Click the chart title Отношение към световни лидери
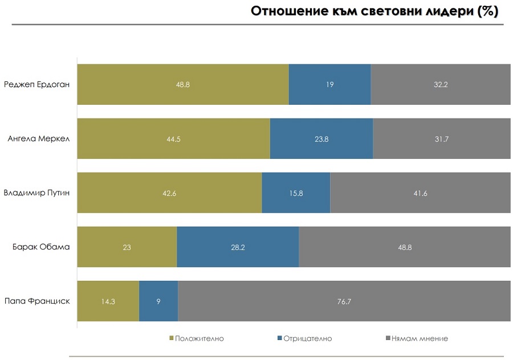[x=374, y=12]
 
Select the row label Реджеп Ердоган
[x=36, y=84]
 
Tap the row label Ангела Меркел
[x=39, y=138]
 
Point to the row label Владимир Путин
[x=36, y=193]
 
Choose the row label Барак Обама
[x=41, y=247]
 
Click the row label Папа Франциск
[x=37, y=301]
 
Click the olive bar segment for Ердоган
[x=182, y=84]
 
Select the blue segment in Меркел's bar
[x=321, y=138]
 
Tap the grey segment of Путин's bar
[x=420, y=193]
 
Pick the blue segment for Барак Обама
[x=238, y=247]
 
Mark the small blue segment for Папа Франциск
[x=158, y=301]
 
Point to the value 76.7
[x=344, y=301]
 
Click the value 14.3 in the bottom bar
[x=108, y=301]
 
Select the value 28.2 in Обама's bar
[x=238, y=247]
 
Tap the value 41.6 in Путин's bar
[x=420, y=193]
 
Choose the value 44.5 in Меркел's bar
[x=173, y=139]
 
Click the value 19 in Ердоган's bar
[x=329, y=85]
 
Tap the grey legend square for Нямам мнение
[x=388, y=338]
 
